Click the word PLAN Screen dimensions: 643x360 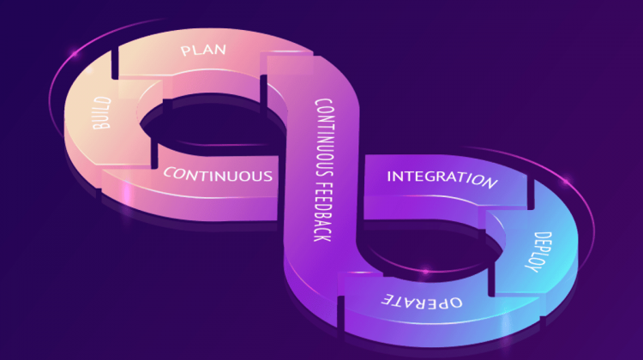point(203,50)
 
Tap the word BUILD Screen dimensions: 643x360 point(102,113)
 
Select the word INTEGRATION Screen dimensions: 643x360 point(442,179)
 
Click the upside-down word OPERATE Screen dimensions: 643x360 point(422,302)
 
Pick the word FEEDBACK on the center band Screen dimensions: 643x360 point(322,213)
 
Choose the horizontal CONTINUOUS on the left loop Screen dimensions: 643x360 point(218,175)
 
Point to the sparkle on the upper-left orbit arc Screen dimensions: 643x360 point(75,54)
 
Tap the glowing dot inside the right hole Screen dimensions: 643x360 point(426,271)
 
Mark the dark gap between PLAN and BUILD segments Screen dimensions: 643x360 point(115,64)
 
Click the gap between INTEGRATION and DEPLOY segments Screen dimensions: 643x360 point(531,194)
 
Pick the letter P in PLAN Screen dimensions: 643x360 point(185,51)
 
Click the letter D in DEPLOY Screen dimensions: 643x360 point(544,237)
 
